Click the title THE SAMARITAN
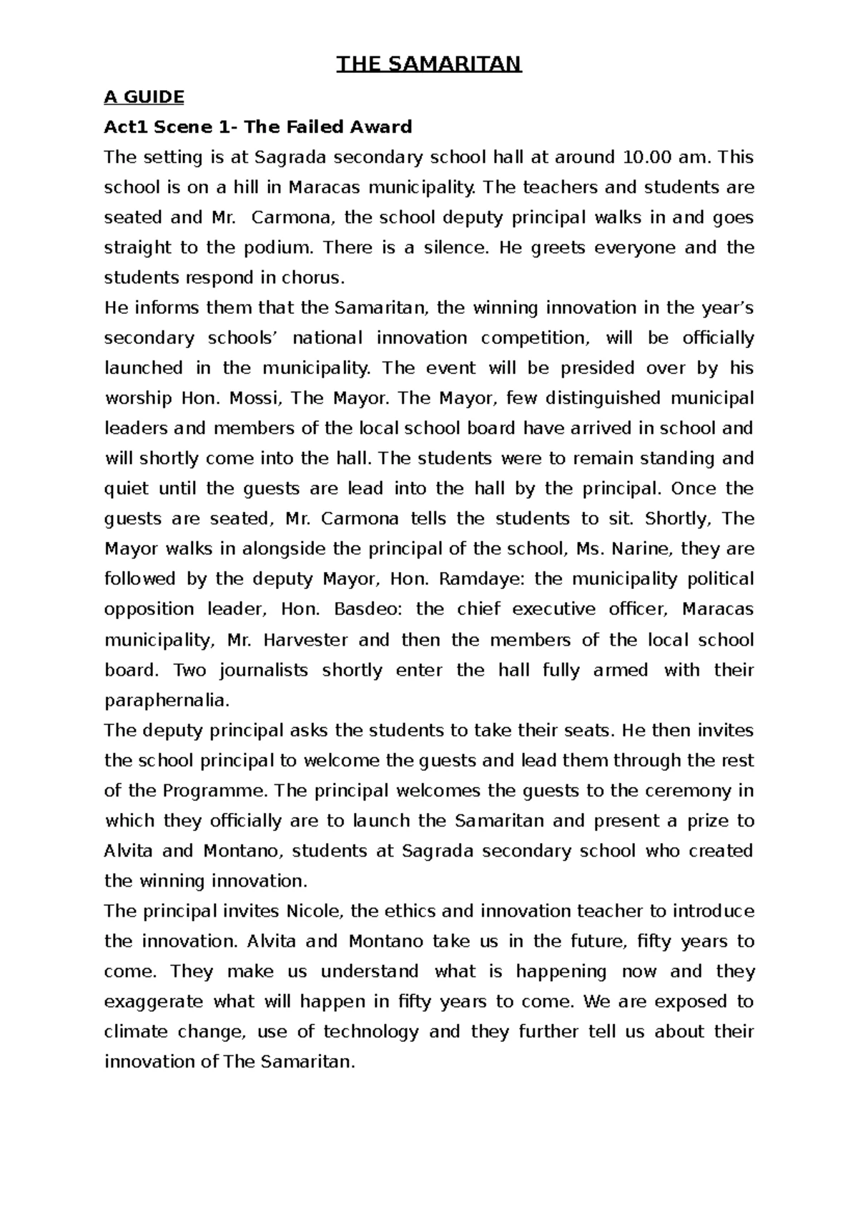coord(429,65)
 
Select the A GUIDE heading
coord(144,97)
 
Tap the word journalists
coord(263,670)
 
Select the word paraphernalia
coord(167,701)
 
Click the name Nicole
coord(315,912)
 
